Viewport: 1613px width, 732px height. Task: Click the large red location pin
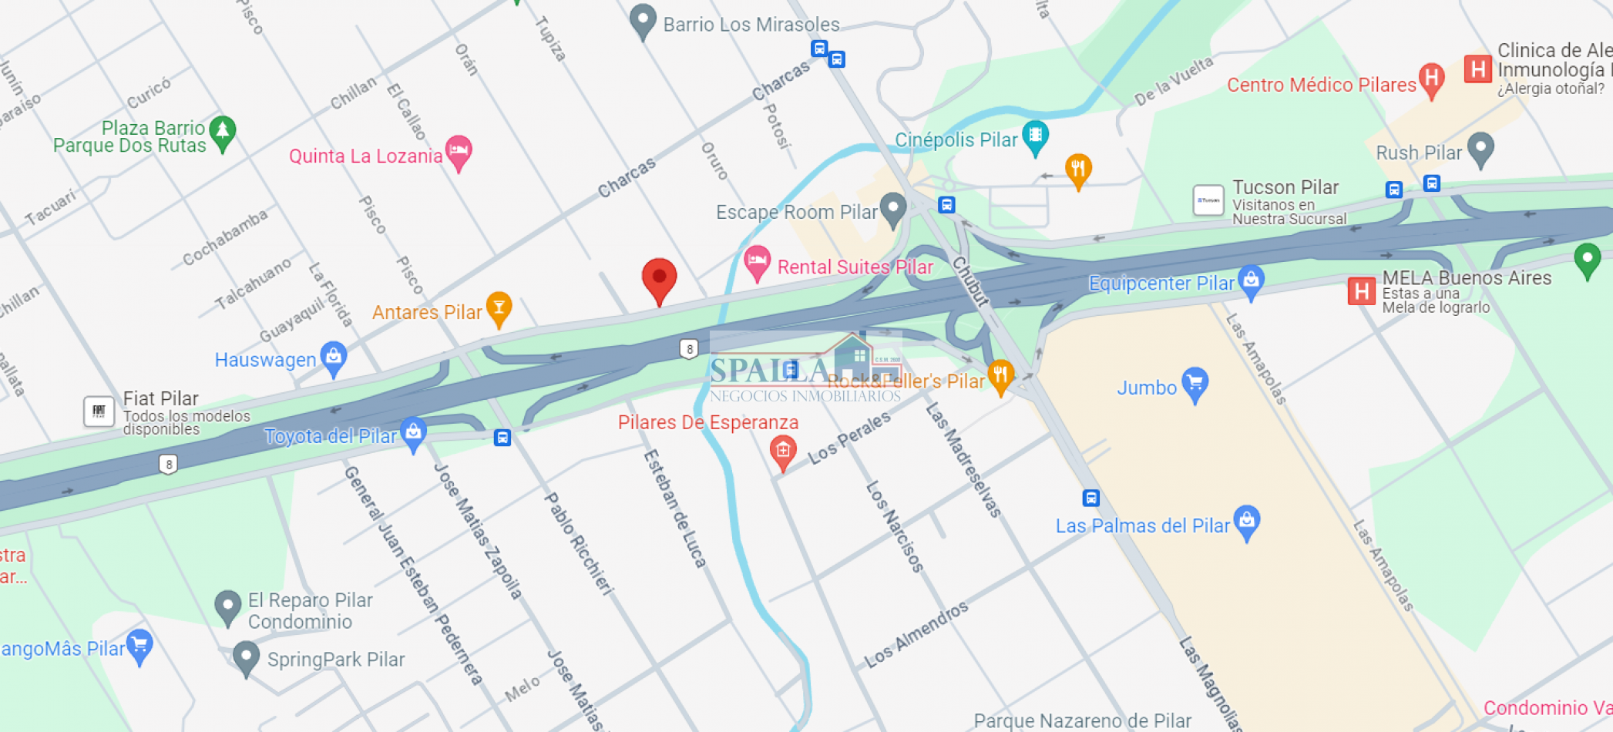(x=659, y=279)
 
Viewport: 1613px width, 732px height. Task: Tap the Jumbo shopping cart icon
(x=1195, y=383)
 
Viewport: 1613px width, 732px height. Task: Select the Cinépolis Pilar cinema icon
(x=1035, y=136)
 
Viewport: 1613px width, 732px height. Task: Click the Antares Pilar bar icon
(x=499, y=308)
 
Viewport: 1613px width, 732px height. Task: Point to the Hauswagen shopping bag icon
(x=334, y=358)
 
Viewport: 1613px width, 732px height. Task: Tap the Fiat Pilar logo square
(x=99, y=411)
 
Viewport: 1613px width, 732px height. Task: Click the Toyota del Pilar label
(x=330, y=436)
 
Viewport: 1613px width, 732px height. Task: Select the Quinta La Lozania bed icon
(x=459, y=149)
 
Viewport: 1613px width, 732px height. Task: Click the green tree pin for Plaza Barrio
(x=223, y=132)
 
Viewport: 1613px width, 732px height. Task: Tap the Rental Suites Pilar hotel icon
(x=757, y=261)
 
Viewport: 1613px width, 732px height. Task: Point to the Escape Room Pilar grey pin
(x=893, y=208)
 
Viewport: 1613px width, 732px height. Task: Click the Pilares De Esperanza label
(x=707, y=422)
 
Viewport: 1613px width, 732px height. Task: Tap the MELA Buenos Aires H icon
(x=1362, y=291)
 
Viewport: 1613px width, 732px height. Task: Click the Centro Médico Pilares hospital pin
(x=1431, y=79)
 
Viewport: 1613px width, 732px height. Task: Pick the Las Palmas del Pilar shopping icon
(x=1246, y=522)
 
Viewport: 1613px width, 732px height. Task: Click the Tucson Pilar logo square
(x=1208, y=200)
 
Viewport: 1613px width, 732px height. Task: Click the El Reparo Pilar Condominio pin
(x=227, y=606)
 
